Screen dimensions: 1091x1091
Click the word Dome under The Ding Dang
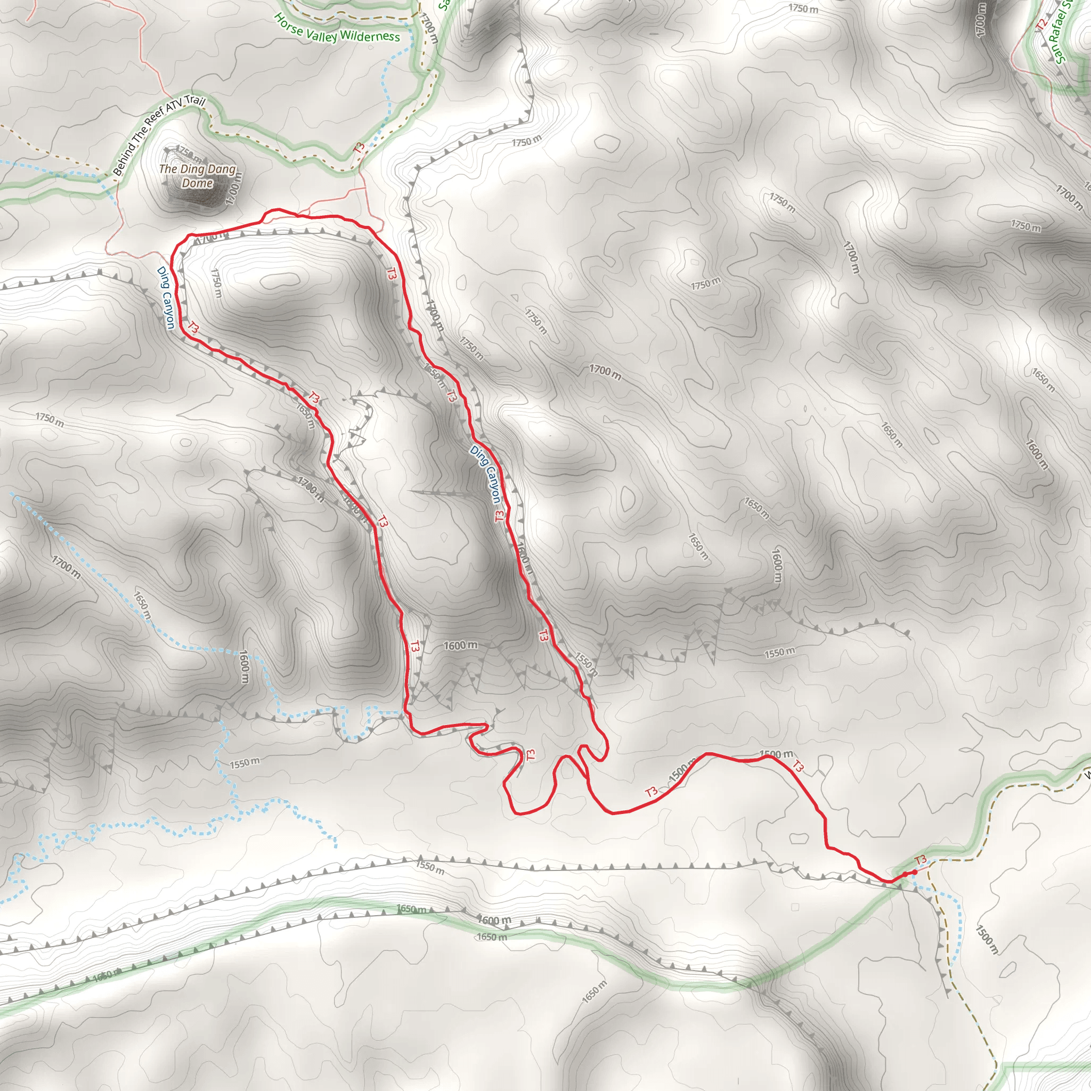[x=197, y=183]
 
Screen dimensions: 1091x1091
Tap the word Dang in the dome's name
[x=222, y=169]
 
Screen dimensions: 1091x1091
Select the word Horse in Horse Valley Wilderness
[x=289, y=25]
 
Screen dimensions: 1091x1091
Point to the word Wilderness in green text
[x=370, y=37]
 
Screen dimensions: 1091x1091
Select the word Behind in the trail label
[x=125, y=159]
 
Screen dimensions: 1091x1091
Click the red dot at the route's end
[x=915, y=873]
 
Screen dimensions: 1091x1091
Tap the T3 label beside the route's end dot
[x=921, y=860]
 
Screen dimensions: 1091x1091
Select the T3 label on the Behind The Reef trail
[x=359, y=148]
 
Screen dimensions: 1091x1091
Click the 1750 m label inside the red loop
[x=216, y=283]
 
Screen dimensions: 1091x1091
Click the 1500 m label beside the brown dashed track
[x=987, y=939]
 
